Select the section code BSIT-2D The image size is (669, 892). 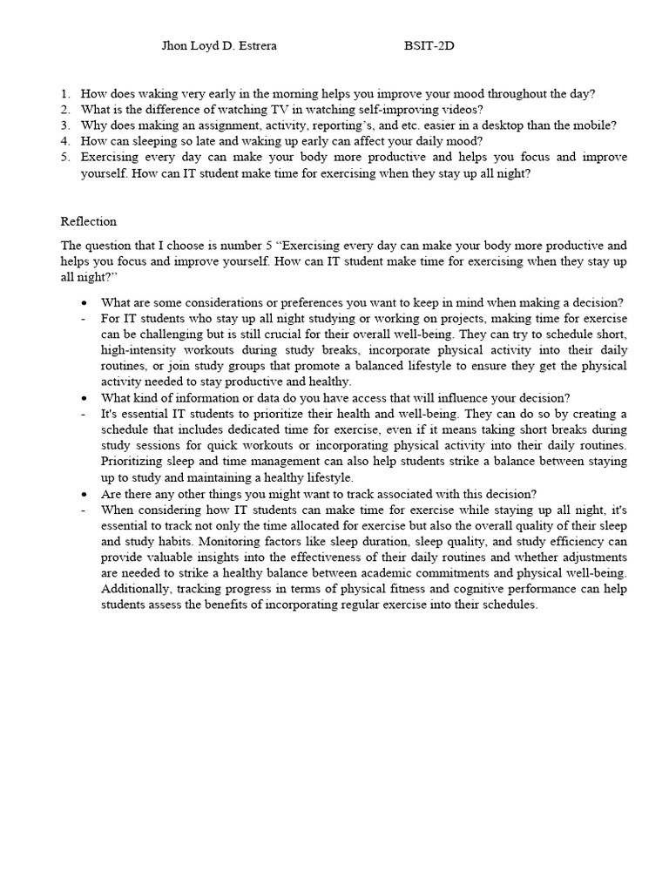click(x=429, y=46)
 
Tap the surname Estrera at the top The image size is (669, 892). click(x=255, y=46)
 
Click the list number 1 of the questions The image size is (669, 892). click(x=65, y=94)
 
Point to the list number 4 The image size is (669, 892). click(x=65, y=141)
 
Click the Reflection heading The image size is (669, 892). click(x=89, y=221)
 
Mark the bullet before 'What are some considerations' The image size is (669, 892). click(x=83, y=303)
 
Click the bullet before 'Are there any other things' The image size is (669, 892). click(x=83, y=494)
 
